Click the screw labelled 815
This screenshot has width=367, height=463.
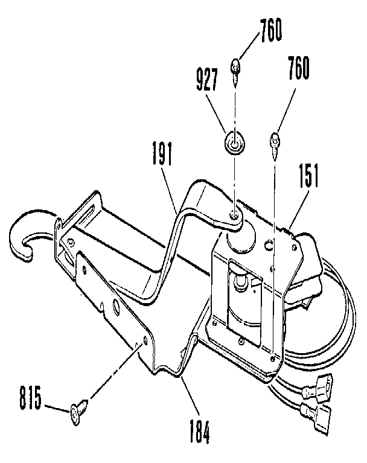[x=79, y=412]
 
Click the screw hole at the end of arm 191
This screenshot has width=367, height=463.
[x=232, y=211]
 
